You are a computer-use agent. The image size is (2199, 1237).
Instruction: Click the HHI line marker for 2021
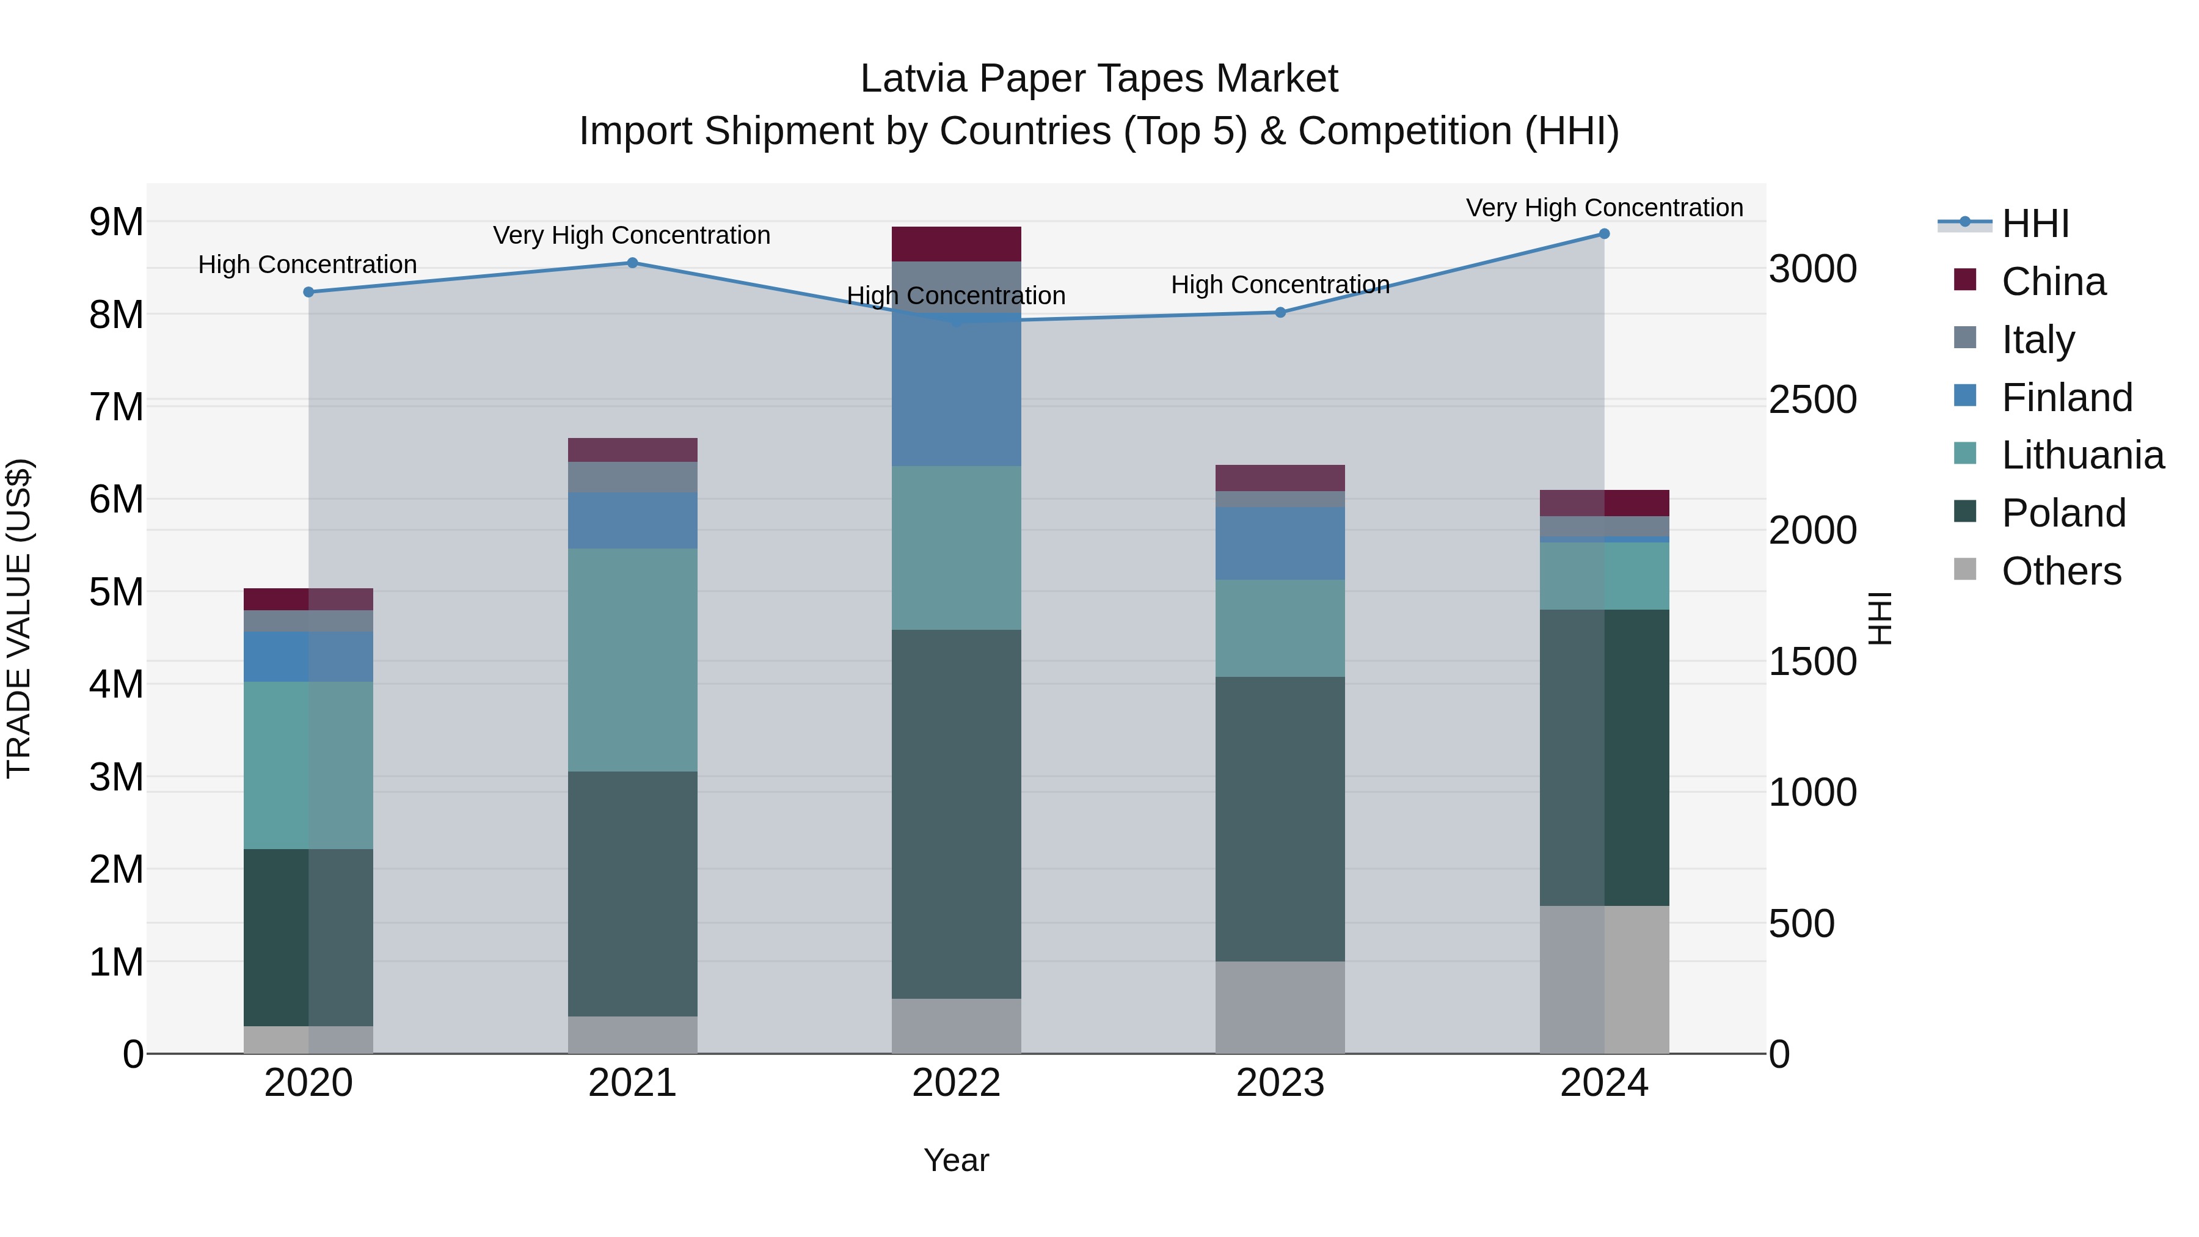(x=633, y=263)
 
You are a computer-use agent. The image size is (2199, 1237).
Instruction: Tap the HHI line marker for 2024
(x=1604, y=234)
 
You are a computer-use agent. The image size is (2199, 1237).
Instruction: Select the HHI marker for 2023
(x=1280, y=312)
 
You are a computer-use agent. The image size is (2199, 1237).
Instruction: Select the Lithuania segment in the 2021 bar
(x=633, y=660)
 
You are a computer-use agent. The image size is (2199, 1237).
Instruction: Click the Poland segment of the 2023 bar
(x=1280, y=820)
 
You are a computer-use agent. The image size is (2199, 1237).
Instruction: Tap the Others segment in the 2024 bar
(x=1604, y=979)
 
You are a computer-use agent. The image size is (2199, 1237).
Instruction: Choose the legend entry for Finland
(x=2066, y=398)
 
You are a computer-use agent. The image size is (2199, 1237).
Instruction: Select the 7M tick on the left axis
(x=117, y=407)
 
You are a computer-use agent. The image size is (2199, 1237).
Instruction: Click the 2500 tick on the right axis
(x=1812, y=400)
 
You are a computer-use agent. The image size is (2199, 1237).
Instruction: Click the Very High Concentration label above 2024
(x=1604, y=208)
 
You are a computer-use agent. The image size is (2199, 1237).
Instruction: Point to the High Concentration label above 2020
(x=307, y=265)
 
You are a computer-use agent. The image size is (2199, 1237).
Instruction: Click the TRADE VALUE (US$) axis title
(x=19, y=618)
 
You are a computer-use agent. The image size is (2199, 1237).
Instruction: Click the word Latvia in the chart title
(x=913, y=79)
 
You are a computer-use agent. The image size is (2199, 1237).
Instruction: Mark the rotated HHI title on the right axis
(x=1880, y=618)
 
